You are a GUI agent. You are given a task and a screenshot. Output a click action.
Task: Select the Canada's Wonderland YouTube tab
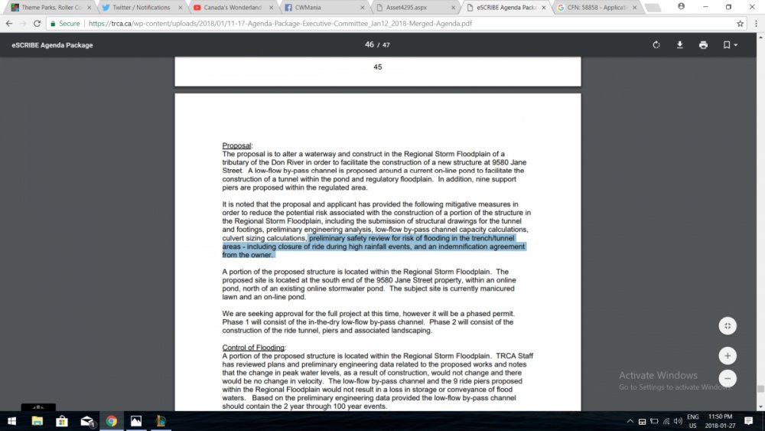(233, 8)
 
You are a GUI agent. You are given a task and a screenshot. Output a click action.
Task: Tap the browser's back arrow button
(9, 24)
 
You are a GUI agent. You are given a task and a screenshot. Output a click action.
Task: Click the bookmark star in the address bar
(740, 24)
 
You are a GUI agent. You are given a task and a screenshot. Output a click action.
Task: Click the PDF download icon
(679, 45)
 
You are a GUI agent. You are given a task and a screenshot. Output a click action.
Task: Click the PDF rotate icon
(656, 45)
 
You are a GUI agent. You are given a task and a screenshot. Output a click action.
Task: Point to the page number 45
(377, 67)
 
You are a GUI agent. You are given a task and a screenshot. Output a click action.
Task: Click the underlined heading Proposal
(236, 145)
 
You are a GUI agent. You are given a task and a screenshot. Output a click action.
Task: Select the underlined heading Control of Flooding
(253, 348)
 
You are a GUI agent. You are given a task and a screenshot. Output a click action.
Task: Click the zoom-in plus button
(728, 355)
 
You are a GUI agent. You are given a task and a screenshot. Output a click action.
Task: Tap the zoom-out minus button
(728, 378)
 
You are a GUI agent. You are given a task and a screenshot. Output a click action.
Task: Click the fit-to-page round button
(728, 326)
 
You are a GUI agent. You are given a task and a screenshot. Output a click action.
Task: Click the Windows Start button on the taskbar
(12, 421)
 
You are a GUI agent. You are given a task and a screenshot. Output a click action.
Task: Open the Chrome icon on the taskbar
(112, 421)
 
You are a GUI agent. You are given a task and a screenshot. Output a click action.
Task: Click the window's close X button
(752, 6)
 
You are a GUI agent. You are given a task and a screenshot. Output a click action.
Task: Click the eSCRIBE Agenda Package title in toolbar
(52, 45)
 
